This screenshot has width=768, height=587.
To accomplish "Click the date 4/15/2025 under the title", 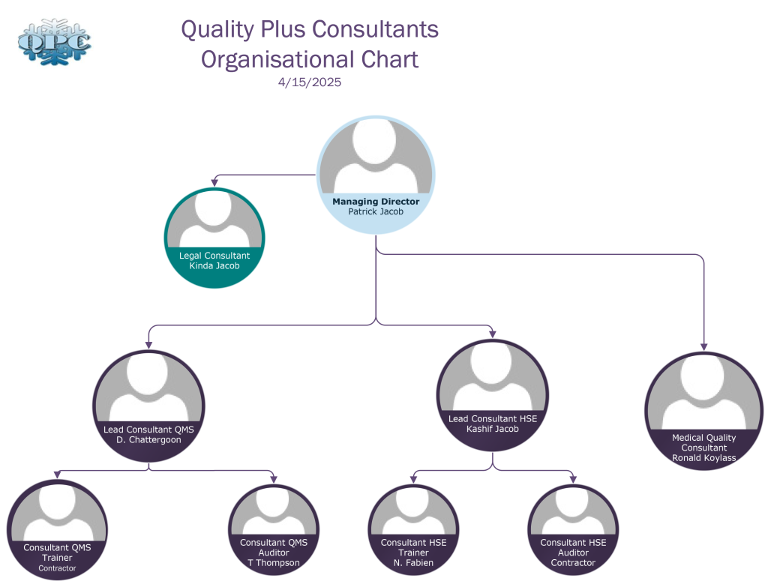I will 309,83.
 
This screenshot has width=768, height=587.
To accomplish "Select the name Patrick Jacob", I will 375,212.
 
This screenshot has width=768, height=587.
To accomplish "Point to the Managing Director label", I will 375,202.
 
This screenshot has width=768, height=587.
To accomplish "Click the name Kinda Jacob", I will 214,265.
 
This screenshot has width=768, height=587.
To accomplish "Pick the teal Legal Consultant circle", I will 214,238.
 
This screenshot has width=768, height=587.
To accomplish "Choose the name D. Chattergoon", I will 148,440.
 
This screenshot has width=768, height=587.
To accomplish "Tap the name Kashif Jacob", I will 492,429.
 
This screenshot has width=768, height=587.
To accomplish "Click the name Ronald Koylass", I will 703,458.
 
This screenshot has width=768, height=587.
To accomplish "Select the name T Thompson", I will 274,563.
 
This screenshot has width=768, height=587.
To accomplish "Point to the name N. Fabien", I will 413,563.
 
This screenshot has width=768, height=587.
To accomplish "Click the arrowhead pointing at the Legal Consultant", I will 215,183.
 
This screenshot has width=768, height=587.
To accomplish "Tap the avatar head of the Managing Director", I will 375,142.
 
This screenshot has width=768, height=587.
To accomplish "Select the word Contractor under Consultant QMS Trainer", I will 57,568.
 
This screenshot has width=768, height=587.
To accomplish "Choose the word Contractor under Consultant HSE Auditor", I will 573,563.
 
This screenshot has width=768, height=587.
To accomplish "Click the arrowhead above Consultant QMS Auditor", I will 274,479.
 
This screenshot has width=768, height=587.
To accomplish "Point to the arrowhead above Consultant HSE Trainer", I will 413,479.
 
